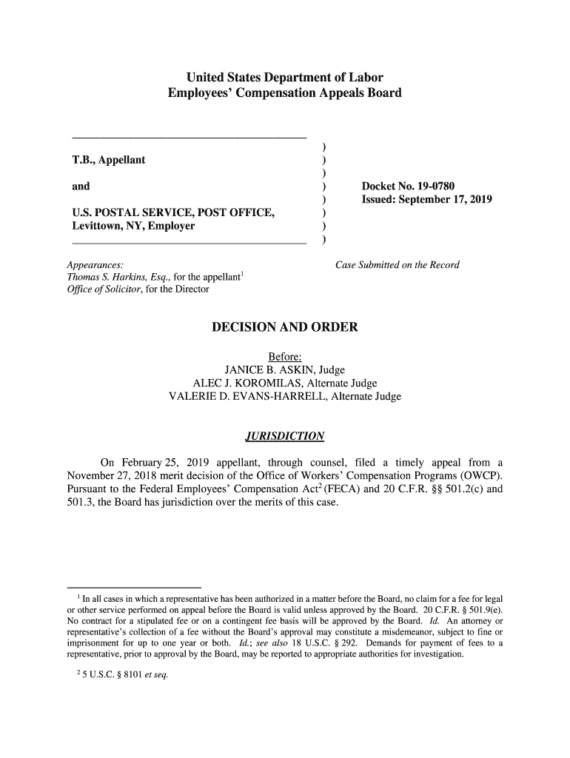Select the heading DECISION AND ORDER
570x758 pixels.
coord(285,327)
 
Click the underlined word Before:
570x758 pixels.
coord(285,358)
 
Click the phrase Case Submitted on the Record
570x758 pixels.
coord(398,265)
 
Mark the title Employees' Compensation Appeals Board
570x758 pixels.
coord(285,94)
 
